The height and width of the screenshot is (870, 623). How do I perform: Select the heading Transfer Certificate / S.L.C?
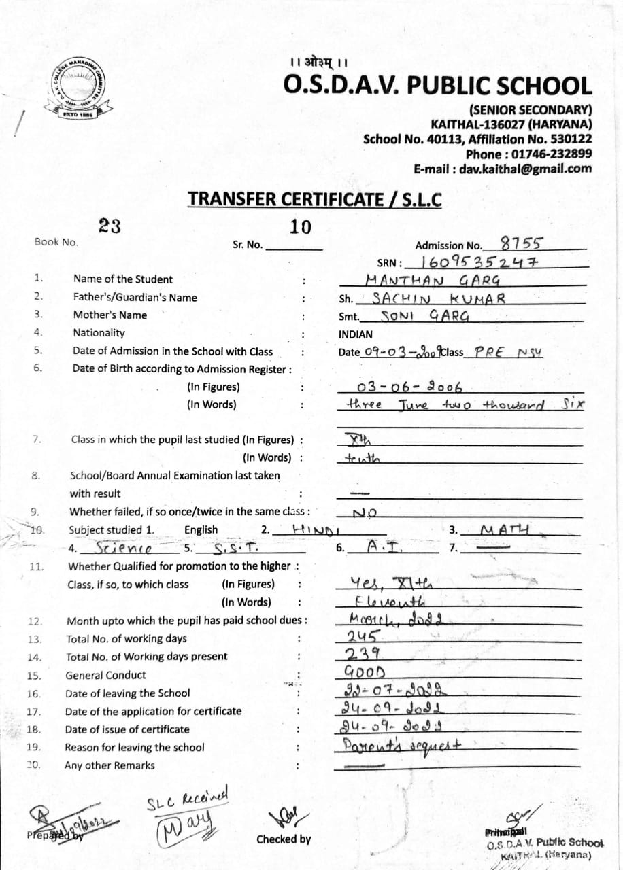point(315,199)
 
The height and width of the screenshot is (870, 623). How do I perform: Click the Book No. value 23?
point(110,226)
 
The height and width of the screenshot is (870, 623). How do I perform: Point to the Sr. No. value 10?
point(300,227)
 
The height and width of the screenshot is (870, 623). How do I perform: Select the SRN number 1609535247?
point(480,262)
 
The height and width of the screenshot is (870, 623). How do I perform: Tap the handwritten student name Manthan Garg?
point(433,279)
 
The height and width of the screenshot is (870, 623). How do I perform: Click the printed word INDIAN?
point(356,334)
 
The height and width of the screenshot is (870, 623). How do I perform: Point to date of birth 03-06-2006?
point(409,387)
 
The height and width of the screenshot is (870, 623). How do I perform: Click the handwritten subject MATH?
point(504,529)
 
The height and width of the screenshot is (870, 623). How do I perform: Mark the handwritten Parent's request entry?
point(404,746)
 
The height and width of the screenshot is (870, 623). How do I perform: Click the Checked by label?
point(284,839)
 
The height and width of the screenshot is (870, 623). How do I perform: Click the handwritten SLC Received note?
point(187,801)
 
